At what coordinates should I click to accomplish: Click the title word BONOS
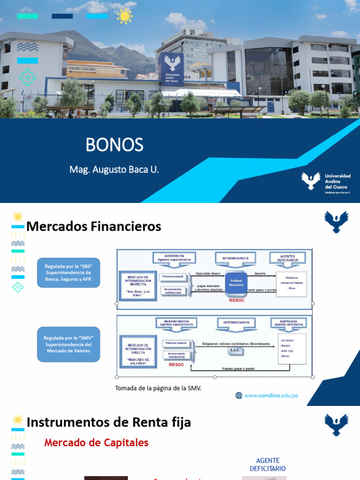click(x=114, y=145)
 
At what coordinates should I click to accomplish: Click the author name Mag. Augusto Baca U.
click(x=114, y=169)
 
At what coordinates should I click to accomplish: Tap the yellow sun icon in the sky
click(x=125, y=16)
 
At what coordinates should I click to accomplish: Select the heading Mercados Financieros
click(x=94, y=226)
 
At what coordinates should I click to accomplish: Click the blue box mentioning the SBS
click(x=68, y=272)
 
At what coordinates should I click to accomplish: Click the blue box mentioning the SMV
click(x=68, y=344)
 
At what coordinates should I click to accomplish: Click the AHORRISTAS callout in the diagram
click(x=174, y=258)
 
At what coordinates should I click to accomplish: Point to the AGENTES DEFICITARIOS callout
click(x=287, y=258)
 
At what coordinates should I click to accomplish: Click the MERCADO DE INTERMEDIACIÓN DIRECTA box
click(x=138, y=350)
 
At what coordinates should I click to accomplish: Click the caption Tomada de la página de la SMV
click(x=158, y=388)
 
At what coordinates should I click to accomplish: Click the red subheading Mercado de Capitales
click(x=96, y=442)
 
